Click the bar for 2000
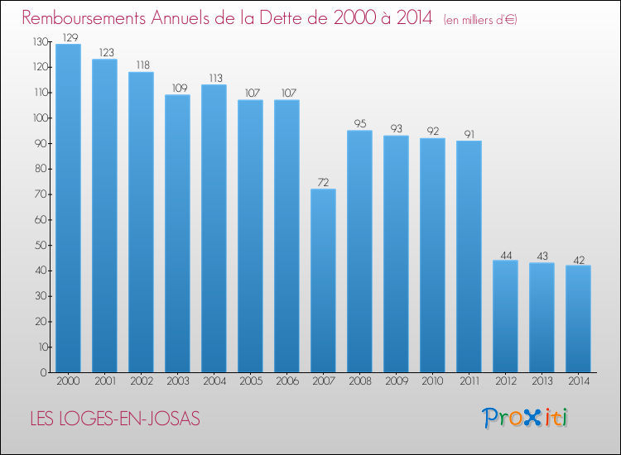68,208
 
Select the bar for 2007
323,281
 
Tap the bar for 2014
578,318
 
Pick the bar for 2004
214,229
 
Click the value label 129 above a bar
68,37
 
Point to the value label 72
323,182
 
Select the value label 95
359,123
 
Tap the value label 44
505,254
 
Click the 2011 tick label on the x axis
469,382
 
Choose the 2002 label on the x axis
141,382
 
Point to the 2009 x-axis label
396,382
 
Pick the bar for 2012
505,317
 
